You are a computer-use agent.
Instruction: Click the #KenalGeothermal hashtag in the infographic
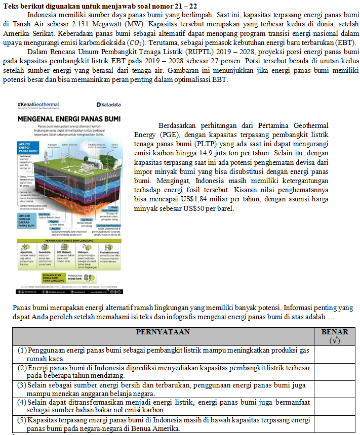[38, 104]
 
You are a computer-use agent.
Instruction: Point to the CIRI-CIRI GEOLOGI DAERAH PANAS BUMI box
[26, 221]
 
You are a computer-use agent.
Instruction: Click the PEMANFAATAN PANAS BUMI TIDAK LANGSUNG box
[53, 277]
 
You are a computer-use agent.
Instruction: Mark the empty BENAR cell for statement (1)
[335, 355]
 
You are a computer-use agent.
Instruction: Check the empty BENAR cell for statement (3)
[335, 389]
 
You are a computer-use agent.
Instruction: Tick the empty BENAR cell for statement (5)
[335, 424]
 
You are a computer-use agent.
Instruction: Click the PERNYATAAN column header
[163, 332]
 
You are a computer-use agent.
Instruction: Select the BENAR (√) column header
[335, 336]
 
